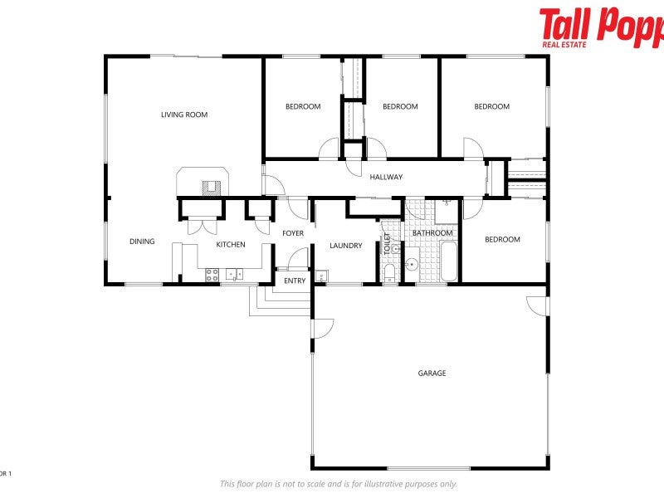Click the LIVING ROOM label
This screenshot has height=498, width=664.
coord(184,115)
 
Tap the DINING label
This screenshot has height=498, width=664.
coord(142,242)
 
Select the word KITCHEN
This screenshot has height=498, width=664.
coord(231,245)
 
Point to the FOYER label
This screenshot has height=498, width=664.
coord(293,233)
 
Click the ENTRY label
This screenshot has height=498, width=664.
coord(295,281)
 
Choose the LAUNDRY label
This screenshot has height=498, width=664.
coord(345,246)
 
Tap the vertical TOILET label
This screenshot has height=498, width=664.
coord(386,243)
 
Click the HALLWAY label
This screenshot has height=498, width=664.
coord(386,177)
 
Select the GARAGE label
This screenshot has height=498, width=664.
coord(432,373)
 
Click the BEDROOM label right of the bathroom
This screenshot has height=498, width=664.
coord(502,240)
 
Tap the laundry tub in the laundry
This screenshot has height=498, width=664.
coord(323,276)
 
